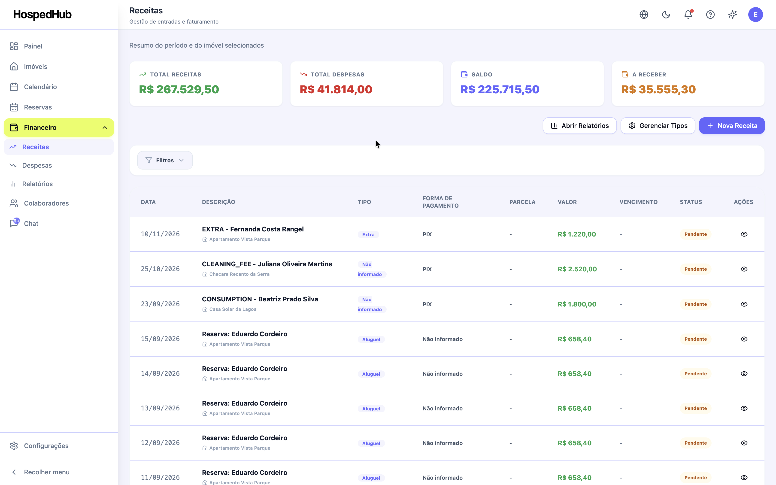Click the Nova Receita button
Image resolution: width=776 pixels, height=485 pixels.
tap(731, 126)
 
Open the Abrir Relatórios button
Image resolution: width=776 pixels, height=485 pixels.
tap(579, 126)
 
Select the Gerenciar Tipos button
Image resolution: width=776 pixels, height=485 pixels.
tap(658, 126)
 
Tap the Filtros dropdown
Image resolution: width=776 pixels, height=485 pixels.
tap(165, 160)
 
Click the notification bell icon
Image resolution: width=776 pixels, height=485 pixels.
tap(688, 14)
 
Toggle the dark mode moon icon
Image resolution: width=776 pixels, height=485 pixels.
tap(666, 14)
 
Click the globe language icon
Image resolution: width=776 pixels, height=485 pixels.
tap(644, 14)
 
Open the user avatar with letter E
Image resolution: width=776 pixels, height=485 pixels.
tap(755, 14)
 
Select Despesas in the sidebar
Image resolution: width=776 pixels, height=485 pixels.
tap(37, 166)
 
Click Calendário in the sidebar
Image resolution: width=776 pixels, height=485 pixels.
tap(40, 87)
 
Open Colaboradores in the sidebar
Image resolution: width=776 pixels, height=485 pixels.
tap(46, 203)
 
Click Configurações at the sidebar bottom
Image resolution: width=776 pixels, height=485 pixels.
tap(46, 446)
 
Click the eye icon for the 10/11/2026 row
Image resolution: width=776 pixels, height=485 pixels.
tap(744, 234)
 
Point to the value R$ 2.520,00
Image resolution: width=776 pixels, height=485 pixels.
tap(577, 269)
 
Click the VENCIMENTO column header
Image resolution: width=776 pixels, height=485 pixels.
tap(638, 202)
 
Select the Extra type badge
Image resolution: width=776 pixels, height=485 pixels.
tap(368, 234)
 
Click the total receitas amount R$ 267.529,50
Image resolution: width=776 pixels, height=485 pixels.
tap(179, 90)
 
